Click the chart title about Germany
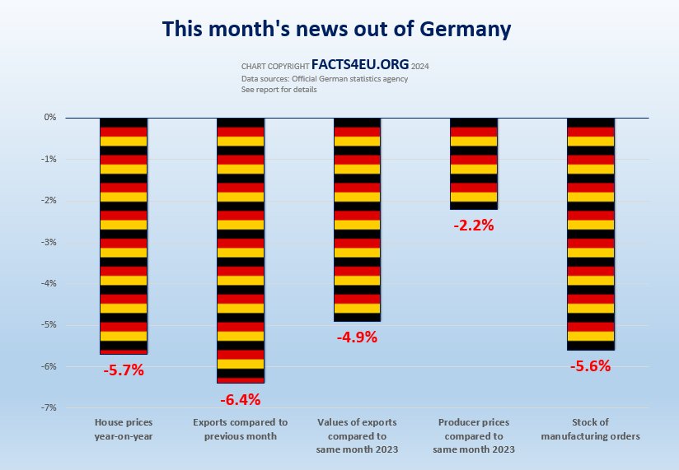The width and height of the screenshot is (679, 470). pos(336,29)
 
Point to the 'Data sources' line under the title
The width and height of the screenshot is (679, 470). pos(324,79)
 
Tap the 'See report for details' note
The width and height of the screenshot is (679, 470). pos(279,89)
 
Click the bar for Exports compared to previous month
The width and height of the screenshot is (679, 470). pos(241,250)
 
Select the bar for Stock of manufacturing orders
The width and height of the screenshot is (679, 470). pos(591,234)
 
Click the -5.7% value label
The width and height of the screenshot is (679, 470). pos(124,370)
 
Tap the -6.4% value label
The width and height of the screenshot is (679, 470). pos(241,400)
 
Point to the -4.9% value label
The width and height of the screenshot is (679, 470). pos(357,337)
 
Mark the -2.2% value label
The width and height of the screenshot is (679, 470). pos(474,225)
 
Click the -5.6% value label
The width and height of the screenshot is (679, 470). pos(591,366)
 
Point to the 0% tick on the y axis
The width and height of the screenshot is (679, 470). pos(50,118)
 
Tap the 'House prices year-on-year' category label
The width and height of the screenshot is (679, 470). pos(124,429)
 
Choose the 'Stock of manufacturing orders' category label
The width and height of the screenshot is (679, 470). pos(591,429)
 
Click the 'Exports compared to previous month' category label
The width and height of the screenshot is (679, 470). pos(241,429)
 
